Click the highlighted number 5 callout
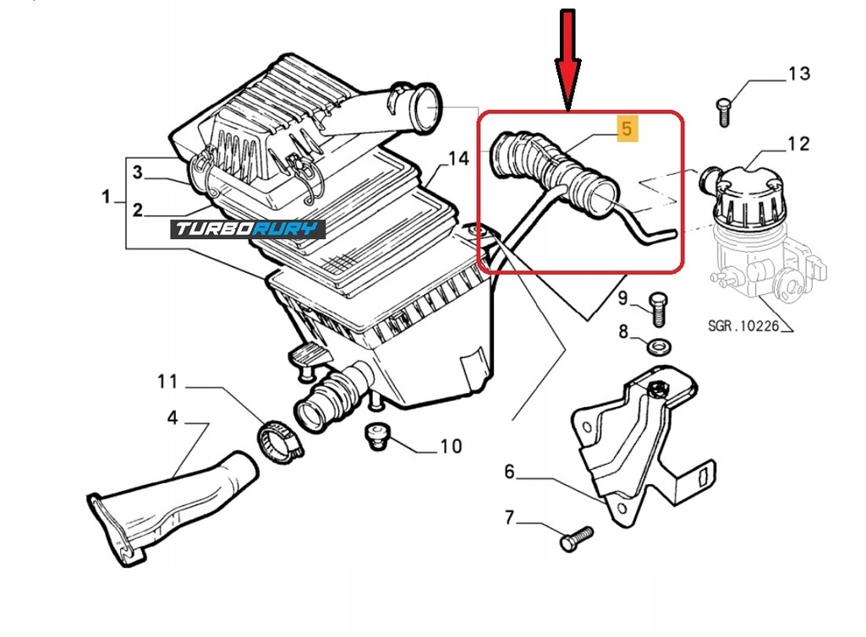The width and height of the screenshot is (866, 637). (627, 130)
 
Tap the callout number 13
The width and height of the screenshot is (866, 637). (798, 73)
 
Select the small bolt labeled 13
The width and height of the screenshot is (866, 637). (722, 112)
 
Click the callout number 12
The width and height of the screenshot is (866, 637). (798, 144)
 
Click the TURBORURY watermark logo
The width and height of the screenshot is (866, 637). (248, 229)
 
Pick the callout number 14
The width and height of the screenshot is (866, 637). (458, 159)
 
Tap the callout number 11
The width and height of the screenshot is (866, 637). (167, 382)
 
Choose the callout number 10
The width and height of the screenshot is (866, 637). (451, 445)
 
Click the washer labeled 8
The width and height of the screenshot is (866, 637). (660, 346)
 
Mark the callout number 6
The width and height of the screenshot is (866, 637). (509, 471)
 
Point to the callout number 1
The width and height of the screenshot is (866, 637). (106, 197)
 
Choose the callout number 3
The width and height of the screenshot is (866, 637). (137, 173)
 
